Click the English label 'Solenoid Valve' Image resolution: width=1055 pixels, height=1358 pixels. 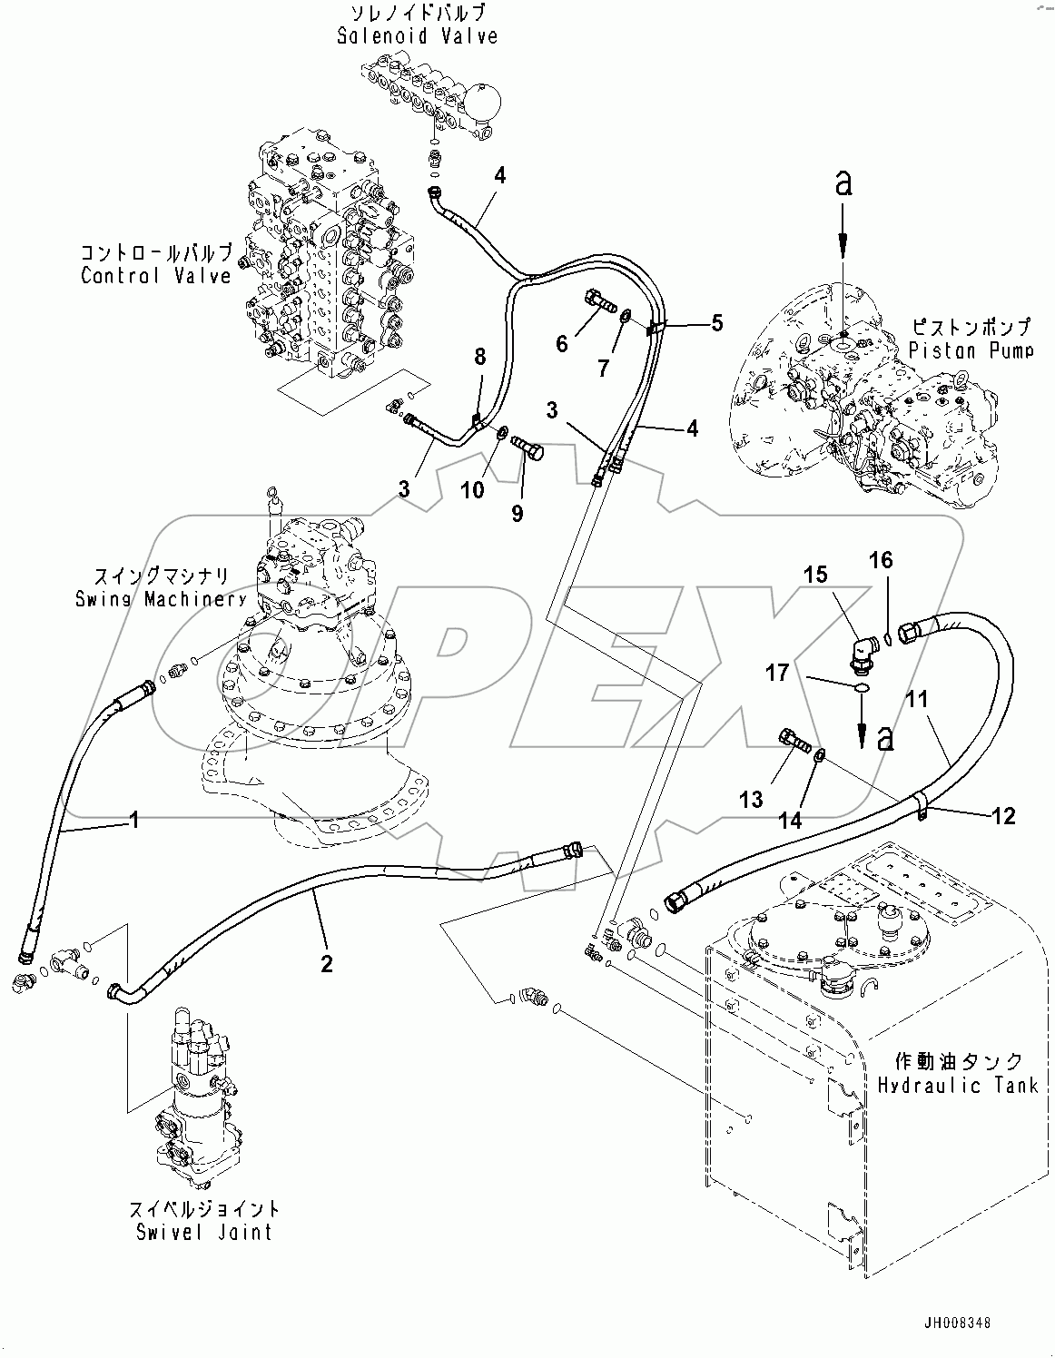pyautogui.click(x=417, y=37)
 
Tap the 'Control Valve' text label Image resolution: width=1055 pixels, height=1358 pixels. pyautogui.click(x=156, y=276)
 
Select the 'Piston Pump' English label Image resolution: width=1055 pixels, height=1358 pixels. pyautogui.click(x=971, y=349)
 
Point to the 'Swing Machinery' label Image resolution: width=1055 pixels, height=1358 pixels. pyautogui.click(x=161, y=599)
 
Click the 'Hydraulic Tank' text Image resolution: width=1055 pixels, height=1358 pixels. pyautogui.click(x=957, y=1085)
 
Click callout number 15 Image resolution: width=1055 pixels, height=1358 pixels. pyautogui.click(x=815, y=575)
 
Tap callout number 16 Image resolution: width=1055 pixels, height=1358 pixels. pyautogui.click(x=881, y=560)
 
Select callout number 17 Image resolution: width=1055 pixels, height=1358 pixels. pyautogui.click(x=777, y=674)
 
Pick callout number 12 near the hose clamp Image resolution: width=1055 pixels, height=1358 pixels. pyautogui.click(x=1002, y=816)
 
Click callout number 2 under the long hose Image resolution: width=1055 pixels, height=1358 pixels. pyautogui.click(x=327, y=963)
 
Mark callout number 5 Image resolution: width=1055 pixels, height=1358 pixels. pyautogui.click(x=716, y=322)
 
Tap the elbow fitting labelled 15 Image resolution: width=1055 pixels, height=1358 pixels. pyautogui.click(x=856, y=655)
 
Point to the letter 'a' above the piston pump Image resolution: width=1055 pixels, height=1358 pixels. pyautogui.click(x=844, y=184)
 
